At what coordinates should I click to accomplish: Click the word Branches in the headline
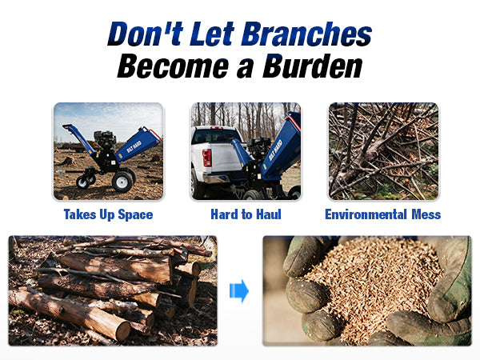point(307,34)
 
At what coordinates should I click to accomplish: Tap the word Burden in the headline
point(313,66)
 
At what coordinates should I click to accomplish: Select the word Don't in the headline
point(146,34)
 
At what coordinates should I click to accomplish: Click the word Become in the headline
point(173,66)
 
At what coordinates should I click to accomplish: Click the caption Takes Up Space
point(108,214)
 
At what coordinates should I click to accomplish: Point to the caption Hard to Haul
point(246,214)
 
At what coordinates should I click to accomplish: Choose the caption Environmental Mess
point(383,214)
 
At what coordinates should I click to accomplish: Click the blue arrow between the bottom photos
point(239,291)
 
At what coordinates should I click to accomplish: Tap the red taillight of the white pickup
point(207,158)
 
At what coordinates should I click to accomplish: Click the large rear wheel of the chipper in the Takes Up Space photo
point(122,182)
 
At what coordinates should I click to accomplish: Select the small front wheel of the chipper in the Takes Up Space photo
point(82,182)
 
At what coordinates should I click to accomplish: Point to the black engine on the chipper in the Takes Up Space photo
point(105,139)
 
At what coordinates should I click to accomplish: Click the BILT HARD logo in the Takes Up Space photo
point(134,146)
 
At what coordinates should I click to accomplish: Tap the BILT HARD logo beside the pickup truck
point(275,150)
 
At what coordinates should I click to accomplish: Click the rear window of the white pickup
point(214,136)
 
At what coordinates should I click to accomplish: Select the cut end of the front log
point(123,330)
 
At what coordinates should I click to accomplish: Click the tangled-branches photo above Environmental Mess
point(383,151)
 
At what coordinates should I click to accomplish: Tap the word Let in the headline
point(212,34)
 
